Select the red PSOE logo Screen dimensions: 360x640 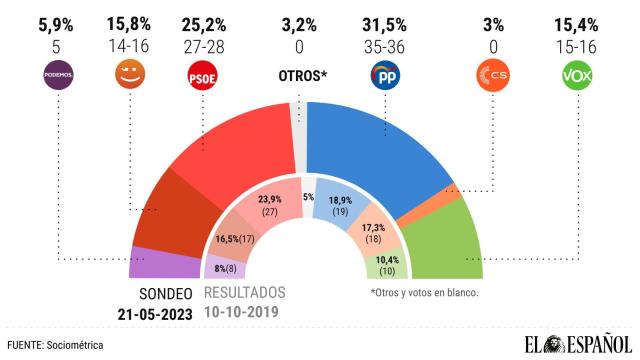pos(203,76)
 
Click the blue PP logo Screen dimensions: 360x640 pos(386,76)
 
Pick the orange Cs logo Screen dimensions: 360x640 pos(488,76)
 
